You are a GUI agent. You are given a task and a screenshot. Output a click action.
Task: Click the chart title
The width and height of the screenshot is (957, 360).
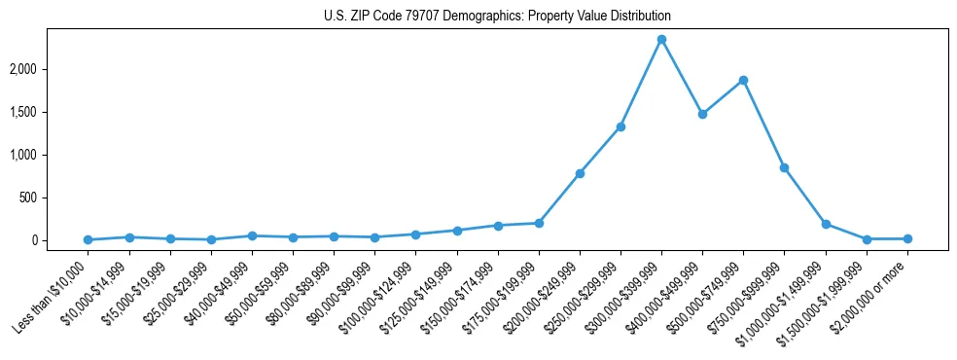497,17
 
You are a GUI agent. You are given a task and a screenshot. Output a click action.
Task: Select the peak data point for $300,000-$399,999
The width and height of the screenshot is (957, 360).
661,39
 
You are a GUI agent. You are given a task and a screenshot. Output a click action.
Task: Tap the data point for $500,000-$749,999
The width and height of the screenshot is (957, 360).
743,80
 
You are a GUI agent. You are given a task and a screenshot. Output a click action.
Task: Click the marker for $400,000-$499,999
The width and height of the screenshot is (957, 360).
702,114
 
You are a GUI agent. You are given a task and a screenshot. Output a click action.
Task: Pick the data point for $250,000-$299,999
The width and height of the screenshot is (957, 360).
620,126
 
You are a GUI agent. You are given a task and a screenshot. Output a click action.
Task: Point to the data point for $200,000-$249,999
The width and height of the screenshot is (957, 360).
580,173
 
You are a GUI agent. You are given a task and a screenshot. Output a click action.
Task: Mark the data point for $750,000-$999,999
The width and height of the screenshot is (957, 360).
784,167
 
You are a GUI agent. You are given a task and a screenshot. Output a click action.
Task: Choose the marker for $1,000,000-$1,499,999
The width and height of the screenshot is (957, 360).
826,224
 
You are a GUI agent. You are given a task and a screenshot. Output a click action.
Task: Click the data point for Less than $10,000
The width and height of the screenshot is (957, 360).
89,239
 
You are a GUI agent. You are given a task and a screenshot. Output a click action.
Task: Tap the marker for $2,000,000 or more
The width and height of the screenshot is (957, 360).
907,238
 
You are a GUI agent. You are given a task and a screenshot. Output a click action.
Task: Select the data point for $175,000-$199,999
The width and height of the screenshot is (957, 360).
539,223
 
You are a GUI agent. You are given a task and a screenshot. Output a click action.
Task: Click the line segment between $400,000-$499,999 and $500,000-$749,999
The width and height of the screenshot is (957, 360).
723,97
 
